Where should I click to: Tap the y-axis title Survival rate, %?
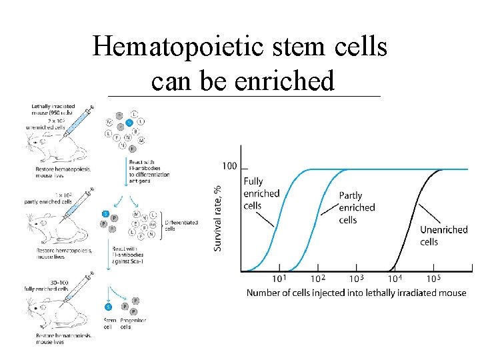tap(218, 218)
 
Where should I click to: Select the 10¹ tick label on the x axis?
tap(280, 278)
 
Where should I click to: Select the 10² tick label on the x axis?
tap(318, 278)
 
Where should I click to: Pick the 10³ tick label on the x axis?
tap(356, 278)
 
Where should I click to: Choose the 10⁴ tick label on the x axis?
tap(395, 278)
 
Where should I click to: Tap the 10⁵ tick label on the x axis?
tap(433, 278)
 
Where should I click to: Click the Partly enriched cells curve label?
tap(357, 207)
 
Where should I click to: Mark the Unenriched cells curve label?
tap(443, 235)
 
